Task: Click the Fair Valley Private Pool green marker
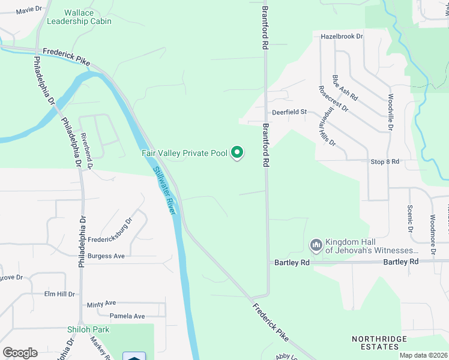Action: tap(237, 154)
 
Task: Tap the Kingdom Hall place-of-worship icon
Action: tap(316, 245)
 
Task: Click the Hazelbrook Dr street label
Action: tap(342, 37)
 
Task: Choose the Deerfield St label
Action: tap(289, 112)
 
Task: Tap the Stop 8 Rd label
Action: tap(385, 162)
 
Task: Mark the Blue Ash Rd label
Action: tap(345, 88)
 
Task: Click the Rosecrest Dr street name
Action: tap(333, 98)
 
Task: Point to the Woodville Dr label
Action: tap(390, 112)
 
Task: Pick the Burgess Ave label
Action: tap(106, 256)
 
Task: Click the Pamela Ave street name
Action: tap(127, 316)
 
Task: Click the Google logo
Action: tap(20, 352)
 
